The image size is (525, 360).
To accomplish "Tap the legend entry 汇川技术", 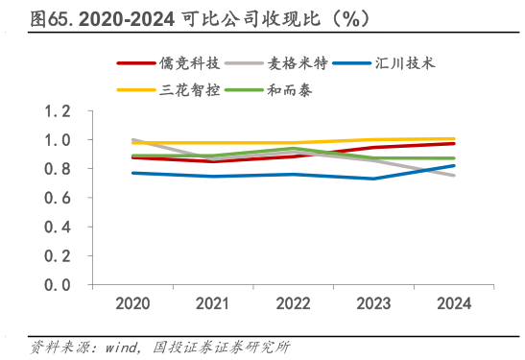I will (x=409, y=62).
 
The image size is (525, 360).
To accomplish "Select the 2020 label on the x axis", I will (x=133, y=304).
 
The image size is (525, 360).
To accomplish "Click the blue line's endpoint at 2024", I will (x=454, y=165).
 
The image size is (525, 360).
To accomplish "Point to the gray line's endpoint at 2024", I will (x=454, y=176).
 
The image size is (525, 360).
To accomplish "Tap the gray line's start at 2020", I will (x=133, y=139).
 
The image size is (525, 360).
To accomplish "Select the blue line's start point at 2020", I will (x=133, y=173).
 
